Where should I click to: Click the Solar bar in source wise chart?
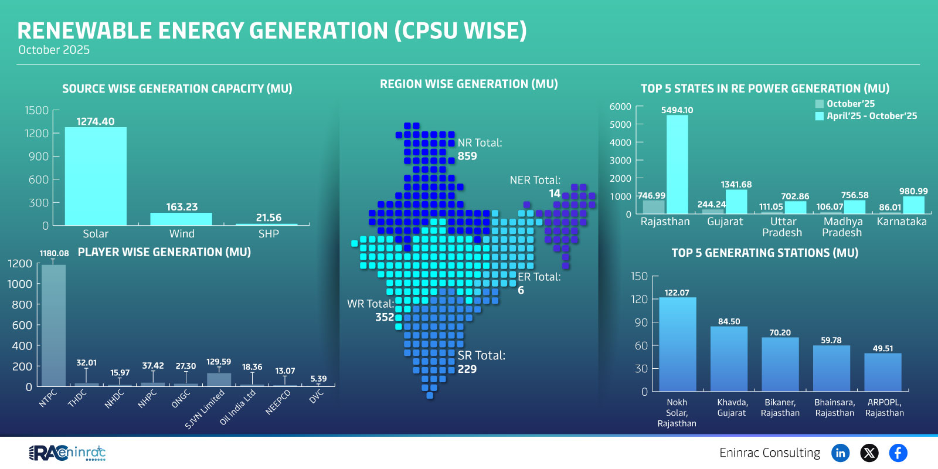tap(96, 176)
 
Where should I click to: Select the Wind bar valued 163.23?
tap(181, 219)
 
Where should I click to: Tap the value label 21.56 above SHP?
tap(269, 217)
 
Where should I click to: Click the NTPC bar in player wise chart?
tap(53, 325)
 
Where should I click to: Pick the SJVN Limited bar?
tap(219, 379)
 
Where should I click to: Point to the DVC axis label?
tap(317, 397)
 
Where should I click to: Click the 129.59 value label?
tap(218, 362)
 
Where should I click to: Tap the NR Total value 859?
tap(467, 156)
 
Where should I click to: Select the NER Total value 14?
tap(555, 193)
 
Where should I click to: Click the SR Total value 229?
tap(467, 369)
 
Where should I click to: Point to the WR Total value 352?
tap(385, 317)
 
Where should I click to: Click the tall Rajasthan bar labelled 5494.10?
tap(677, 164)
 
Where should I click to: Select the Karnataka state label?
tap(902, 222)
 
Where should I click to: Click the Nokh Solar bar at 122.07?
tap(678, 344)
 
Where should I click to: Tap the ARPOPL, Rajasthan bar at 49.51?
tap(882, 372)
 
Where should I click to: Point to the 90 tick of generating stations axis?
tap(641, 322)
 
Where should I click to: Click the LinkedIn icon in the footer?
tap(840, 453)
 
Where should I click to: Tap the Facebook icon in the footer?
tap(898, 453)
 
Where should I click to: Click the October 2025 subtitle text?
tap(54, 50)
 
